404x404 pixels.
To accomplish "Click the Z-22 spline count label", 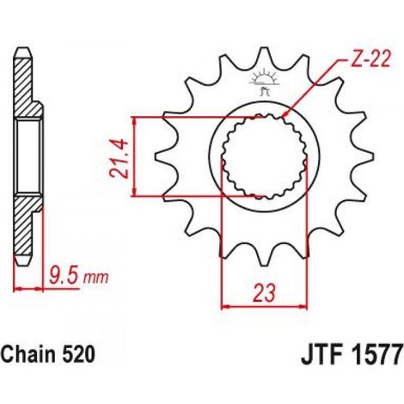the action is pyautogui.click(x=370, y=59).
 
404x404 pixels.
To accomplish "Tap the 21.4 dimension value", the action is pyautogui.click(x=119, y=158).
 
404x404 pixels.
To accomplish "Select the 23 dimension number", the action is pyautogui.click(x=264, y=293).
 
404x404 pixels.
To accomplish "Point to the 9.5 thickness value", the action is pyautogui.click(x=64, y=275).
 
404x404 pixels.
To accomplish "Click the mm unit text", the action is pyautogui.click(x=95, y=278).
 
